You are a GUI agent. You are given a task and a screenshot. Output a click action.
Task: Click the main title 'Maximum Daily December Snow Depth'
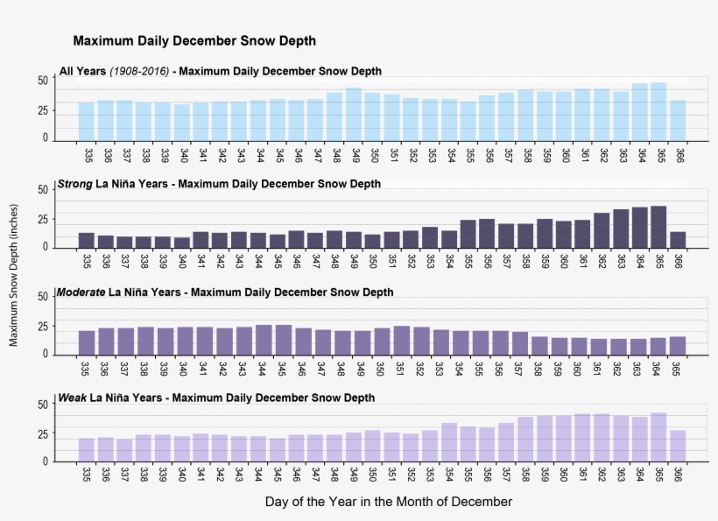(194, 41)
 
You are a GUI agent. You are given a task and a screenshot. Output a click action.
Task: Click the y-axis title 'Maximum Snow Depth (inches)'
(13, 272)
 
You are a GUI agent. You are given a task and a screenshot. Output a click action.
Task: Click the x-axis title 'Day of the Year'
(388, 502)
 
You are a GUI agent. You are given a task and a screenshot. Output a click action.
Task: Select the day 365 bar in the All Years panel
(658, 111)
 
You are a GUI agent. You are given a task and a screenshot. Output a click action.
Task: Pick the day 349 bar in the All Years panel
(353, 114)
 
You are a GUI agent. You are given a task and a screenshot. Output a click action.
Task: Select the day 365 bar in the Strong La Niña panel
(658, 227)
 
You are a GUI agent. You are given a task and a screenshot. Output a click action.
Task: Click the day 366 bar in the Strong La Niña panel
(678, 239)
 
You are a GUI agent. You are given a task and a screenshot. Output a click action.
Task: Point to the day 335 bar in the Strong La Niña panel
(87, 240)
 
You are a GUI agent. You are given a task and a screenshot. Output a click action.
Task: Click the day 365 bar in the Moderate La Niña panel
(678, 345)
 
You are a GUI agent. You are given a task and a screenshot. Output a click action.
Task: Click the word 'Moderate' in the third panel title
(81, 292)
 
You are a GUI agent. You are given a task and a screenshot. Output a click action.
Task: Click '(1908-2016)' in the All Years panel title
(140, 71)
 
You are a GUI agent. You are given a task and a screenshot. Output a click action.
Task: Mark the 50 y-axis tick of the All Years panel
(42, 81)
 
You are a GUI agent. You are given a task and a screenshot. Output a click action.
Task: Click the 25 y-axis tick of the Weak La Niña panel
(42, 433)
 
